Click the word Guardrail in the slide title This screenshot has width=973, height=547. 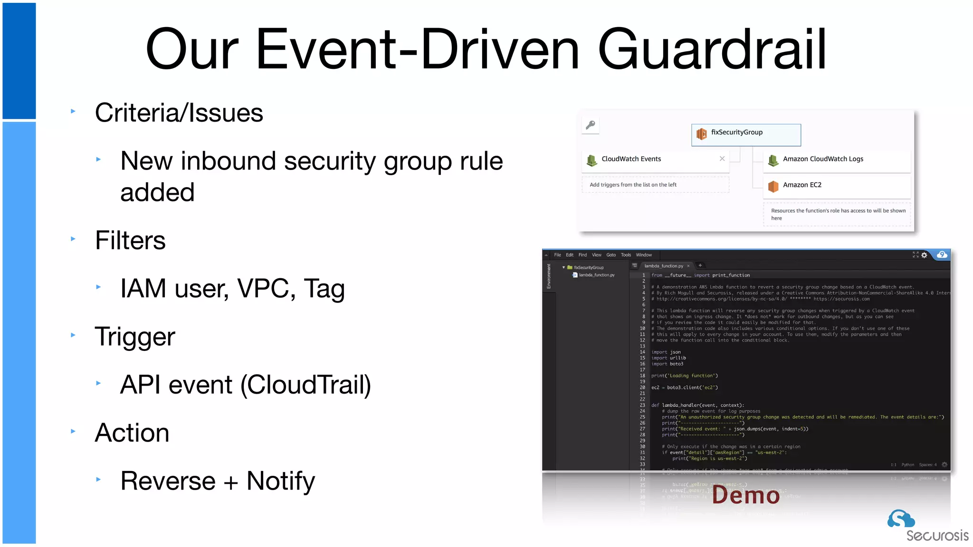pyautogui.click(x=712, y=49)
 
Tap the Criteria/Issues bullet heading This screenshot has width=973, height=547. pyautogui.click(x=179, y=113)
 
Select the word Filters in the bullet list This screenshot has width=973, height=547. pyautogui.click(x=130, y=240)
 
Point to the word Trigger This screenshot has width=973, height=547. pyautogui.click(x=135, y=337)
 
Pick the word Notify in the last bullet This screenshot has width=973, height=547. pyautogui.click(x=280, y=481)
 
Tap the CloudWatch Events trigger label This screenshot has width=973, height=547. pyautogui.click(x=631, y=159)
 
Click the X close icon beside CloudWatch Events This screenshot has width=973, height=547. pyautogui.click(x=722, y=159)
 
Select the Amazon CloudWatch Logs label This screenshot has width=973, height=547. pyautogui.click(x=823, y=159)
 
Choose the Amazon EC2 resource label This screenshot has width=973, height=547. pyautogui.click(x=802, y=185)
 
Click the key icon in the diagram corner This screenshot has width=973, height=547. pyautogui.click(x=591, y=125)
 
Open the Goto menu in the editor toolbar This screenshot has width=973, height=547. pyautogui.click(x=611, y=255)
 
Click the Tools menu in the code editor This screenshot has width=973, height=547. pyautogui.click(x=626, y=255)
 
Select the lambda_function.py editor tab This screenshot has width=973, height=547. pyautogui.click(x=664, y=266)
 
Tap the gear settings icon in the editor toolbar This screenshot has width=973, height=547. pyautogui.click(x=924, y=255)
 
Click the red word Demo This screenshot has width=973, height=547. pyautogui.click(x=746, y=495)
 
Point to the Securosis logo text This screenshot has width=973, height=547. pyautogui.click(x=937, y=536)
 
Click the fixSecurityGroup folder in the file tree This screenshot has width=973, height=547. pyautogui.click(x=588, y=268)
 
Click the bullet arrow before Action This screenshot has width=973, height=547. pyautogui.click(x=73, y=431)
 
